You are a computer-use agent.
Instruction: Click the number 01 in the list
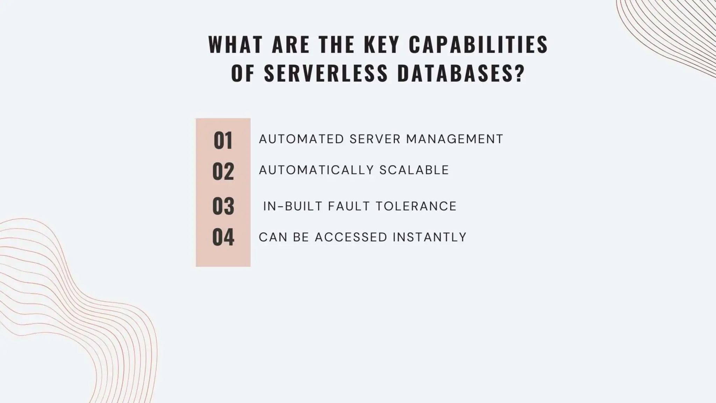coord(223,141)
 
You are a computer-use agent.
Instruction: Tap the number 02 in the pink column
coord(223,171)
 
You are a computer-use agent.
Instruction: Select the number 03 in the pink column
coord(223,206)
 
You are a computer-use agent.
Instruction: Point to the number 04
coord(223,237)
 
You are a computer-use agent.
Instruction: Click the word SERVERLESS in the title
coord(326,73)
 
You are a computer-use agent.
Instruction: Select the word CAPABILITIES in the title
coord(478,44)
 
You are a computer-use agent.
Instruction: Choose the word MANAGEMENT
coord(454,139)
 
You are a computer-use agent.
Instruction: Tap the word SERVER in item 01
coord(375,139)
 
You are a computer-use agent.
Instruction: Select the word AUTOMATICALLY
coord(316,170)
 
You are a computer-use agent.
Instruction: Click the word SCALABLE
coord(414,170)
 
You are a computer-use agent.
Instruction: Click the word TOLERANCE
coord(416,206)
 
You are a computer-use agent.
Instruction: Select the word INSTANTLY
coord(429,237)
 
